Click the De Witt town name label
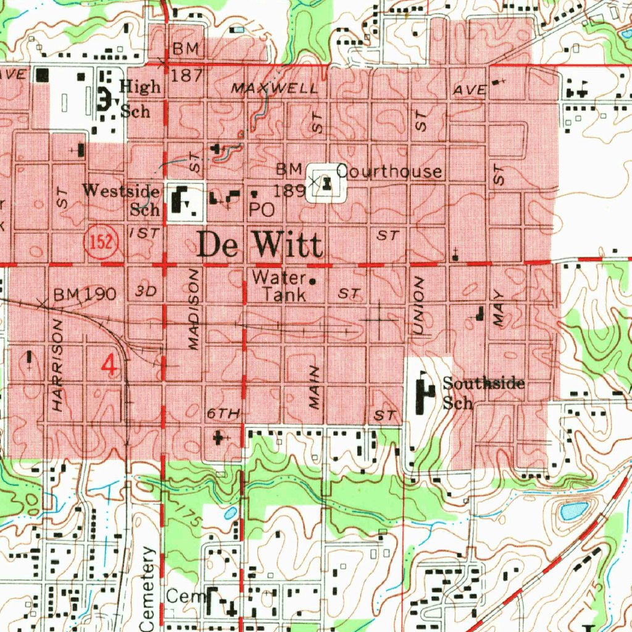click(x=260, y=246)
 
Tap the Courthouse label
click(x=389, y=172)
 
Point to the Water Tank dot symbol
click(x=312, y=281)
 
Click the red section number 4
click(x=109, y=365)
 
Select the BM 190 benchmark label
click(x=85, y=294)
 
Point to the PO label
click(x=262, y=210)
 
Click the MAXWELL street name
click(x=275, y=89)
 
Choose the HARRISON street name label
click(x=57, y=365)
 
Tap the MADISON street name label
click(x=194, y=310)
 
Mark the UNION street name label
click(x=418, y=306)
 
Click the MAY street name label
click(x=499, y=309)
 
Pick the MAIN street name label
click(x=315, y=387)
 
